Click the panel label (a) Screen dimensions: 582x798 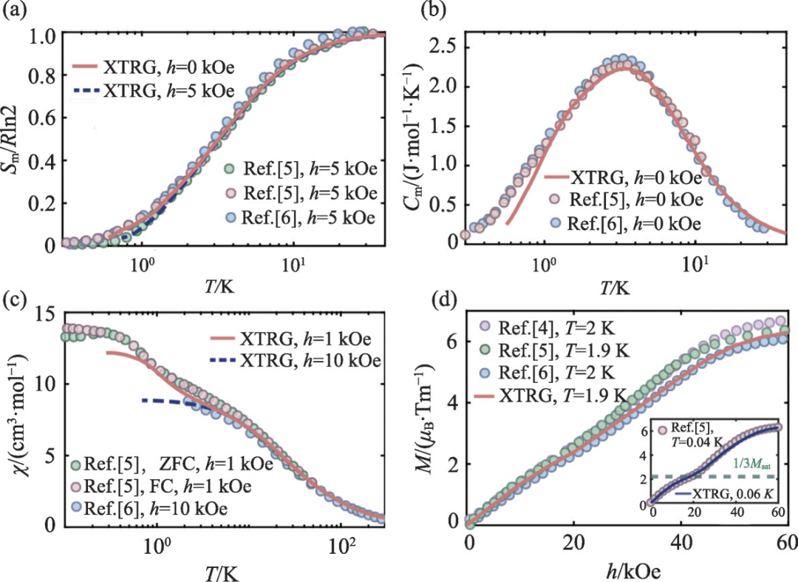tap(16, 11)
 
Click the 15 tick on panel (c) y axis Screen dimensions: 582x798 tap(35, 313)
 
